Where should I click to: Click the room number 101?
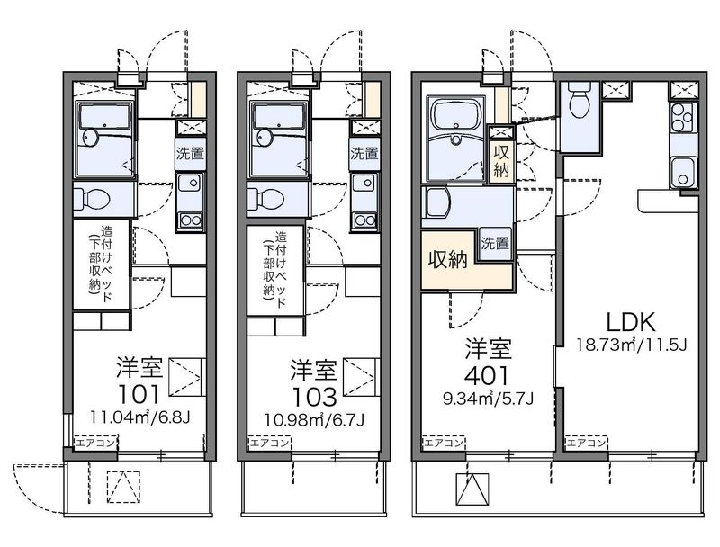coord(139,393)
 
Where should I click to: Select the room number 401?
coord(487,376)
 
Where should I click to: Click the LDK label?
coord(631,323)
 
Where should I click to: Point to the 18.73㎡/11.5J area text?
coord(632,345)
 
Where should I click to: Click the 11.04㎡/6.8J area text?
coord(140,417)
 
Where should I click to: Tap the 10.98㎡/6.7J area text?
coord(314,419)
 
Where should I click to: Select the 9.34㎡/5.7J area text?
coord(488,399)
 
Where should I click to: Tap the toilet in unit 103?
coord(265,199)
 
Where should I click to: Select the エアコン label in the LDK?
coord(587,443)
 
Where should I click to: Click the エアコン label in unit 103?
coord(269,443)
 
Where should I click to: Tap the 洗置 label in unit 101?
coord(191,153)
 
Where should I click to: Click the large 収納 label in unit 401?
coord(448,259)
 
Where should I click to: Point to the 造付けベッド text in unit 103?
coord(281,269)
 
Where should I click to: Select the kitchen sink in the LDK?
coord(683,172)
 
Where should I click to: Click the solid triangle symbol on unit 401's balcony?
coord(472,489)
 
